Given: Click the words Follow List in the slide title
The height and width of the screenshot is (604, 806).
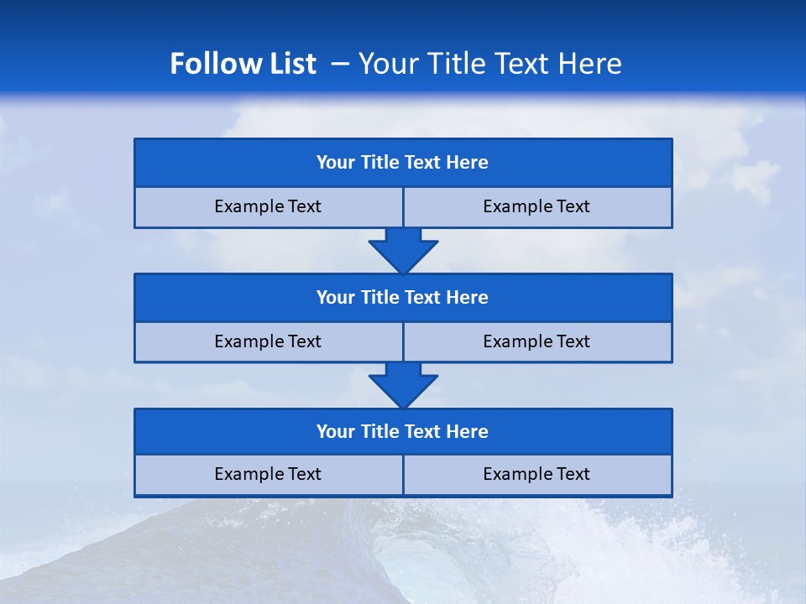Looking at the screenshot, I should (x=243, y=64).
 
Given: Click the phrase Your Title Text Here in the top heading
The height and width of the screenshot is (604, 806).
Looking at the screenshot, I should (x=489, y=64).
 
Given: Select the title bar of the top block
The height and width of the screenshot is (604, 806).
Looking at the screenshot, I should (x=403, y=163).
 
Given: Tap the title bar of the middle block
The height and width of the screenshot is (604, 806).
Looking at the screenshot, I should (x=403, y=297).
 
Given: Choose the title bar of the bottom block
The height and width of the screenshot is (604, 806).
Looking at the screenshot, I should (x=403, y=431).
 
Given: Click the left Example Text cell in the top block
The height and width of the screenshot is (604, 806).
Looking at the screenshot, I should (x=268, y=206).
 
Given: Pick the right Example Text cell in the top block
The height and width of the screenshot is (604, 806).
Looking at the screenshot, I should (x=536, y=206).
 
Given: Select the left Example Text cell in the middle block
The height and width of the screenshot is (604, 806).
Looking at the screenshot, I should (x=268, y=341).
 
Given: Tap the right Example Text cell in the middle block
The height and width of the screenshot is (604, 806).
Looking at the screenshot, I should (x=536, y=341).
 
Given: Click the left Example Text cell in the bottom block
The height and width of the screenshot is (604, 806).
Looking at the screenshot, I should (x=268, y=474).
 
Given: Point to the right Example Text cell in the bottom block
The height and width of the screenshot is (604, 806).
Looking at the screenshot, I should (x=536, y=474).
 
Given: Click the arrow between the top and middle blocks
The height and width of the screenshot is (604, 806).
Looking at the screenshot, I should (x=403, y=250).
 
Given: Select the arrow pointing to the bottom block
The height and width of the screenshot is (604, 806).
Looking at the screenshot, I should (x=403, y=385).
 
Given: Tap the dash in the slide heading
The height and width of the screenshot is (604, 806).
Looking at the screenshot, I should (x=340, y=64).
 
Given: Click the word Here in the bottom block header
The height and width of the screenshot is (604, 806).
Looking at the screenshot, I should (x=467, y=431).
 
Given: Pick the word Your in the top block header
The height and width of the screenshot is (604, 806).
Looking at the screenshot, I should (x=336, y=163).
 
